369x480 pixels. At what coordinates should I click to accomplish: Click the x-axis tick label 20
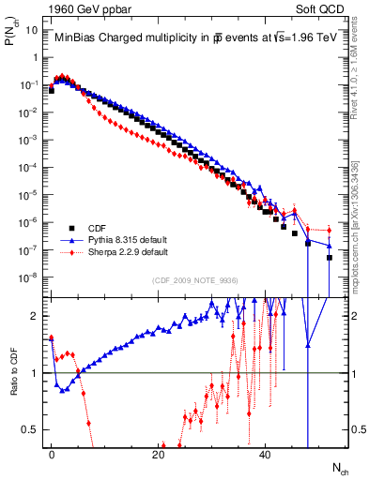coord(159,454)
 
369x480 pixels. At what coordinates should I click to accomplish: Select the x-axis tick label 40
coord(266,454)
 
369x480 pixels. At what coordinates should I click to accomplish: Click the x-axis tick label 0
coord(52,454)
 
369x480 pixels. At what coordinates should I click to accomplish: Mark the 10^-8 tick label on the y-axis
coord(29,277)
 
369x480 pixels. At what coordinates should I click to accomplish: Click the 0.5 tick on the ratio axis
coord(31,429)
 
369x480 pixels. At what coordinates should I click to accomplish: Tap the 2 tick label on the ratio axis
coord(37,316)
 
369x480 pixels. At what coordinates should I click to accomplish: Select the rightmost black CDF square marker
coord(330,257)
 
